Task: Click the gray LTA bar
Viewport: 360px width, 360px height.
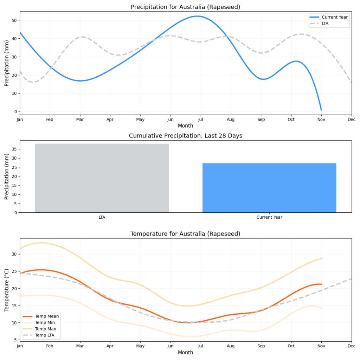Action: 102,178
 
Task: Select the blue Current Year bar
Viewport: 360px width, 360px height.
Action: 269,188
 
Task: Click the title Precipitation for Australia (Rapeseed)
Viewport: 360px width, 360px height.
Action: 185,7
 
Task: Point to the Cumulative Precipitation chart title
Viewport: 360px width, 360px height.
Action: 185,136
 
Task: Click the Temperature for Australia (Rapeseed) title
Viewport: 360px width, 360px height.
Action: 185,234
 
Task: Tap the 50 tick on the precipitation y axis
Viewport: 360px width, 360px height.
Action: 14,20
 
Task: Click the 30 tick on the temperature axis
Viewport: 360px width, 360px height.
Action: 14,254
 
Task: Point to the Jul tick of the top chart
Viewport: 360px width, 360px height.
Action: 200,120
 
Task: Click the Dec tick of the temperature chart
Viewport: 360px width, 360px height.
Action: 351,346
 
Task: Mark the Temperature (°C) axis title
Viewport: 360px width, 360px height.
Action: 7,290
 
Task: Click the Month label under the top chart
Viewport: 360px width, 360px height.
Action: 185,126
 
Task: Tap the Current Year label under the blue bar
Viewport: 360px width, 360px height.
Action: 269,217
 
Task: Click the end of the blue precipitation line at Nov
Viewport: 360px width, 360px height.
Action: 321,110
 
